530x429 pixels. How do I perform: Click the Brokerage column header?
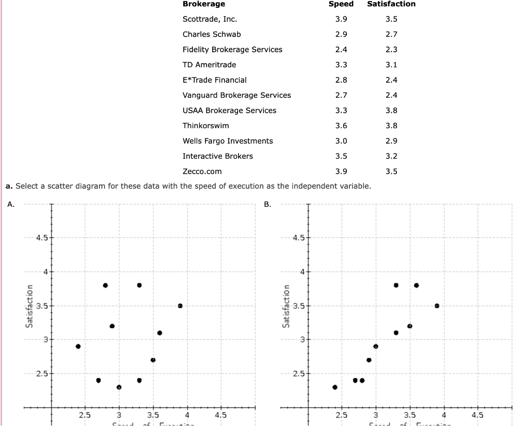click(203, 4)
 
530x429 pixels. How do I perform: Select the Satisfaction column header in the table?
click(391, 4)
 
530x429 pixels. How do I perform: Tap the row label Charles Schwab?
click(211, 34)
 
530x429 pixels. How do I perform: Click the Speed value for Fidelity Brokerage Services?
click(341, 50)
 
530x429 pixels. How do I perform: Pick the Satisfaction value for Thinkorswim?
click(391, 126)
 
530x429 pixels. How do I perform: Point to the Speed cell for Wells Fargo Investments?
click(341, 141)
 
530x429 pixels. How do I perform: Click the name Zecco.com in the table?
click(202, 172)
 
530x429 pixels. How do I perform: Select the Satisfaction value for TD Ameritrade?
click(391, 65)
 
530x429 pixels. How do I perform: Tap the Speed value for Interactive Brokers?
click(341, 156)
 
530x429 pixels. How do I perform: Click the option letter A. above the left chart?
click(11, 204)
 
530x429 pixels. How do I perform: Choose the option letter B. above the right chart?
click(268, 204)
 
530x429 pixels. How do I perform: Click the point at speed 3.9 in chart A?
click(180, 305)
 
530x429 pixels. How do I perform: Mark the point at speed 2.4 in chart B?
click(335, 387)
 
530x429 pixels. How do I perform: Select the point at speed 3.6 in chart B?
click(416, 285)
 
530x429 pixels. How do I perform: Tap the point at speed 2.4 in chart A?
click(78, 346)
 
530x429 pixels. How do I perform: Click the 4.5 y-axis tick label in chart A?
click(41, 238)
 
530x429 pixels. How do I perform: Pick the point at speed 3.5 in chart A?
click(153, 360)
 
